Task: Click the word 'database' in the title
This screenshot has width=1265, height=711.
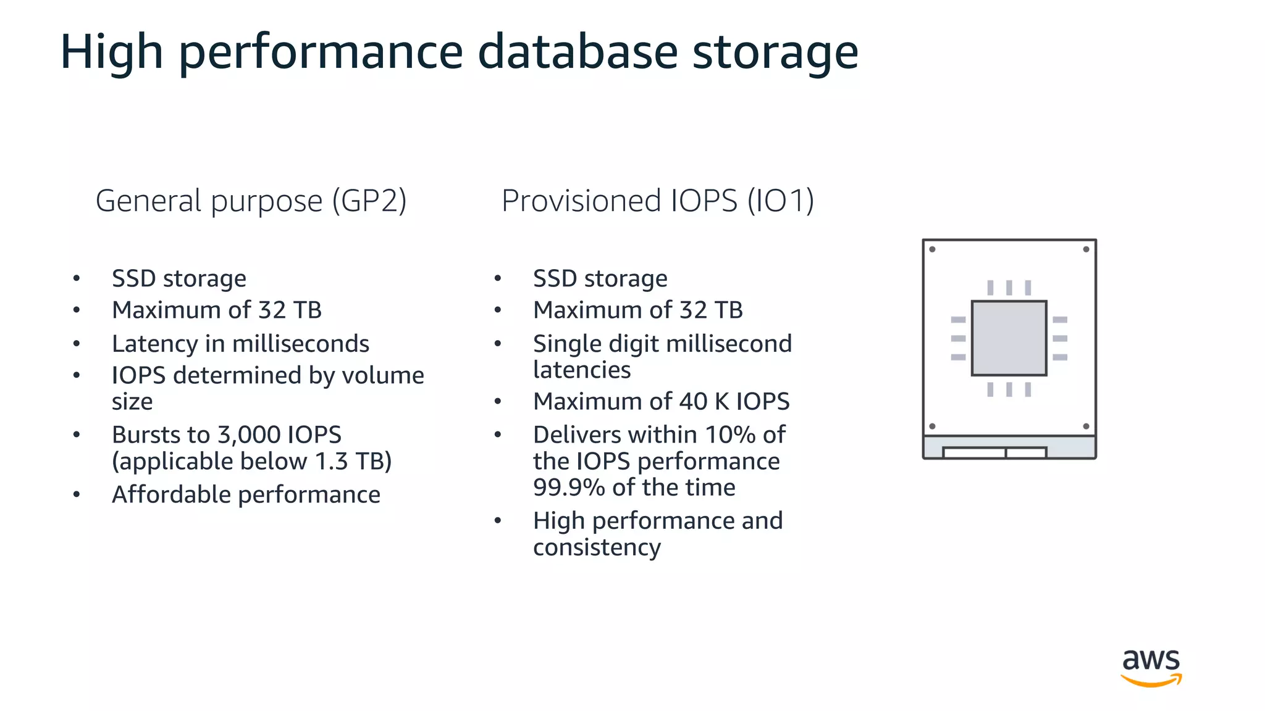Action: click(578, 52)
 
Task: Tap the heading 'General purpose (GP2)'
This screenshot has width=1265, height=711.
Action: click(251, 201)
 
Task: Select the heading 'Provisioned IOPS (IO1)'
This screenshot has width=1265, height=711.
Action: click(657, 201)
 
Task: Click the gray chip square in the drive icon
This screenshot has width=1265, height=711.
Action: click(1009, 338)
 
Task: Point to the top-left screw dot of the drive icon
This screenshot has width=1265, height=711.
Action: click(932, 249)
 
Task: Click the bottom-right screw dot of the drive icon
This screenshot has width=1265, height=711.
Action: click(1086, 426)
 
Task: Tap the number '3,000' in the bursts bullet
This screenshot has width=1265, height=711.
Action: click(249, 434)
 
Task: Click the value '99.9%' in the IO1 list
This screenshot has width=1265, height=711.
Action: click(569, 488)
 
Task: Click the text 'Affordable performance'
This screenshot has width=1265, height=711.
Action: click(246, 494)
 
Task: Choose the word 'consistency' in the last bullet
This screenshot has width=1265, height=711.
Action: click(597, 547)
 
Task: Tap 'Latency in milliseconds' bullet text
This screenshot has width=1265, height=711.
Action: click(240, 344)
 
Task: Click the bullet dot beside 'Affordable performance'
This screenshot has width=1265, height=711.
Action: click(77, 494)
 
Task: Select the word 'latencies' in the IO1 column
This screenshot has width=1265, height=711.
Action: click(582, 370)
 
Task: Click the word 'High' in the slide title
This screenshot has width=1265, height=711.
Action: click(111, 52)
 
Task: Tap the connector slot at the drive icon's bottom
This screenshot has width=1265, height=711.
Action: click(994, 453)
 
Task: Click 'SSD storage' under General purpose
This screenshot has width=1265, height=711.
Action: click(179, 278)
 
